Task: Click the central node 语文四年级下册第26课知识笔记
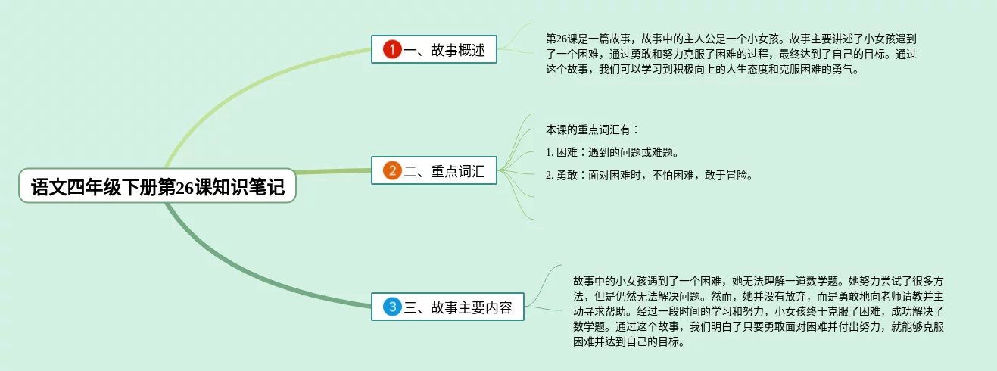pos(157,186)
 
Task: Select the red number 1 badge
pos(391,50)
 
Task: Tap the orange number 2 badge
pos(391,170)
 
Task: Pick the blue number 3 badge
pos(391,307)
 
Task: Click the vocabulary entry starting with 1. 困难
pos(612,152)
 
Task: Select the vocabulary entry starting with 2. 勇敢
pos(649,175)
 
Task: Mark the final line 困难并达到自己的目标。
pos(630,342)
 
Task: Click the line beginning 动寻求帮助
pos(757,310)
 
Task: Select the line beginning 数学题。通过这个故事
pos(757,326)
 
